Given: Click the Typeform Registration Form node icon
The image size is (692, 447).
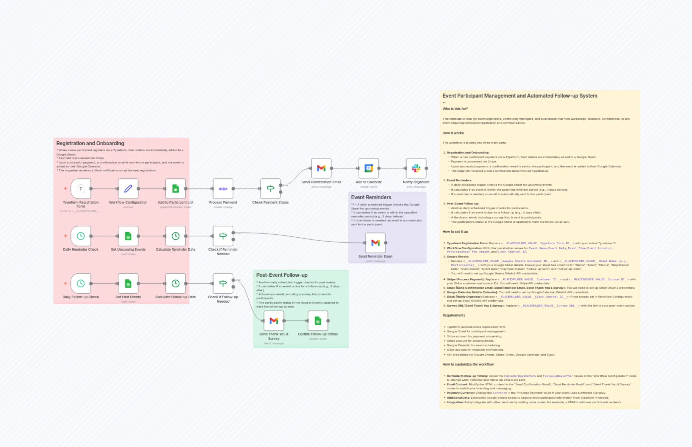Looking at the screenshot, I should [x=81, y=189].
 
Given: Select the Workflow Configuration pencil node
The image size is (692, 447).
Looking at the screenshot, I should [x=128, y=189].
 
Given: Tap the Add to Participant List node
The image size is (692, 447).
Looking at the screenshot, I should [x=175, y=189].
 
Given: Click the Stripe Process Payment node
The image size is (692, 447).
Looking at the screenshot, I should [x=223, y=189].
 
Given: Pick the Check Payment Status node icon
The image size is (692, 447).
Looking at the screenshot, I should [x=270, y=189].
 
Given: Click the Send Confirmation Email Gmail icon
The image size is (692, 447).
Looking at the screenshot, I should [x=321, y=168].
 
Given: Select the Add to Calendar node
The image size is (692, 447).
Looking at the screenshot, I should [x=369, y=168].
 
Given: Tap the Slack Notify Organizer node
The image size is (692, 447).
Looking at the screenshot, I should [x=416, y=168].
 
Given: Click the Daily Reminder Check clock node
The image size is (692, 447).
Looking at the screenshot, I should [x=81, y=236].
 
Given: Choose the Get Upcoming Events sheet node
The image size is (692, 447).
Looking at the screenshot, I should [x=128, y=236].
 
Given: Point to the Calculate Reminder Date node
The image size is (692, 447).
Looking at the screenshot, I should [x=175, y=236].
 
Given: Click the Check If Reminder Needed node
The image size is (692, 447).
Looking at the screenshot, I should [x=223, y=236].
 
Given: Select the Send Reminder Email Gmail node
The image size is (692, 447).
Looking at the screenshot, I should [x=375, y=243].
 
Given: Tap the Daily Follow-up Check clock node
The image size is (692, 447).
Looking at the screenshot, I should [x=81, y=283].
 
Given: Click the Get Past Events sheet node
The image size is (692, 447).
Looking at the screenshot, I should [x=128, y=283].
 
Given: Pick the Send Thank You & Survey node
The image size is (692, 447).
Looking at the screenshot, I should [x=274, y=321].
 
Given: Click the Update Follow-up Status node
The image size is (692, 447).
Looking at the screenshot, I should [x=318, y=321].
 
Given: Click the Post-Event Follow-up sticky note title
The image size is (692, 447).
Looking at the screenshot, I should [x=282, y=275].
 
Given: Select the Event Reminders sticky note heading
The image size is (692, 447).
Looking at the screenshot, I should [x=371, y=197].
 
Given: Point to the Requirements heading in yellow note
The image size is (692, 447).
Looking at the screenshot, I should [x=454, y=315].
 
